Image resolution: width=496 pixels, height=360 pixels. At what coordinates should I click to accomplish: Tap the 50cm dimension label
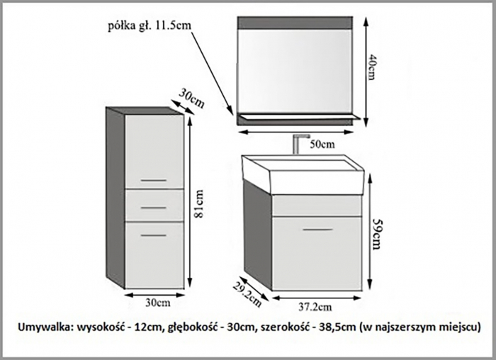pos(323,144)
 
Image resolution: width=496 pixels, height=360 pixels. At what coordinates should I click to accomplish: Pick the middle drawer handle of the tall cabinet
pos(154,206)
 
